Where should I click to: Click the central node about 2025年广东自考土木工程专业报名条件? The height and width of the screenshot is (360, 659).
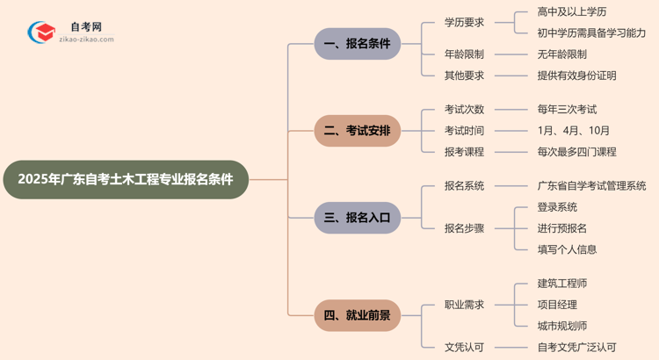point(127,179)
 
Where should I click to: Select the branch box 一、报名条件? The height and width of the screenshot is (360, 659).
point(358,44)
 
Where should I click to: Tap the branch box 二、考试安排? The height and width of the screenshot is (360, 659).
point(358,131)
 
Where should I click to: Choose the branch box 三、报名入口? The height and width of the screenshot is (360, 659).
point(358,217)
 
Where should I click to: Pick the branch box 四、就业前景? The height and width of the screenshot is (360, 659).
point(358,315)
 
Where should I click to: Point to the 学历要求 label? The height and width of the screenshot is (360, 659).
point(464,23)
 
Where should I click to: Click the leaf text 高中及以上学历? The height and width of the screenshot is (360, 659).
point(571,12)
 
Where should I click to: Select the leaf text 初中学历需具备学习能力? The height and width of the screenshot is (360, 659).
point(591,33)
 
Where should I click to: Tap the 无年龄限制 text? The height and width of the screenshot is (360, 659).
point(562,54)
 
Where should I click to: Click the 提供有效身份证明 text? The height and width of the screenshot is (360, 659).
point(576,76)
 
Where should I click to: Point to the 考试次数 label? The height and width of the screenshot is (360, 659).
point(464,110)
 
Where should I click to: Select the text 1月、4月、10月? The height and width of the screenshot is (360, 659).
point(574,131)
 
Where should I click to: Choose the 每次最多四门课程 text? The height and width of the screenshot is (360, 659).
point(576,152)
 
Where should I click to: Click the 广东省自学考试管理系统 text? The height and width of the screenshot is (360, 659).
point(591,186)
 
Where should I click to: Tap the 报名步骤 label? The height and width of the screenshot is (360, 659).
point(464,228)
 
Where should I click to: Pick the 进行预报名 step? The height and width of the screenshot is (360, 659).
point(562,228)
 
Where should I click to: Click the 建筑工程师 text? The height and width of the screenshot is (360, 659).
point(562,284)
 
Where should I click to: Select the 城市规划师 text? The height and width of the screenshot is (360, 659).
point(562,326)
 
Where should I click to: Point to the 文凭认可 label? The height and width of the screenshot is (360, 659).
point(464,348)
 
